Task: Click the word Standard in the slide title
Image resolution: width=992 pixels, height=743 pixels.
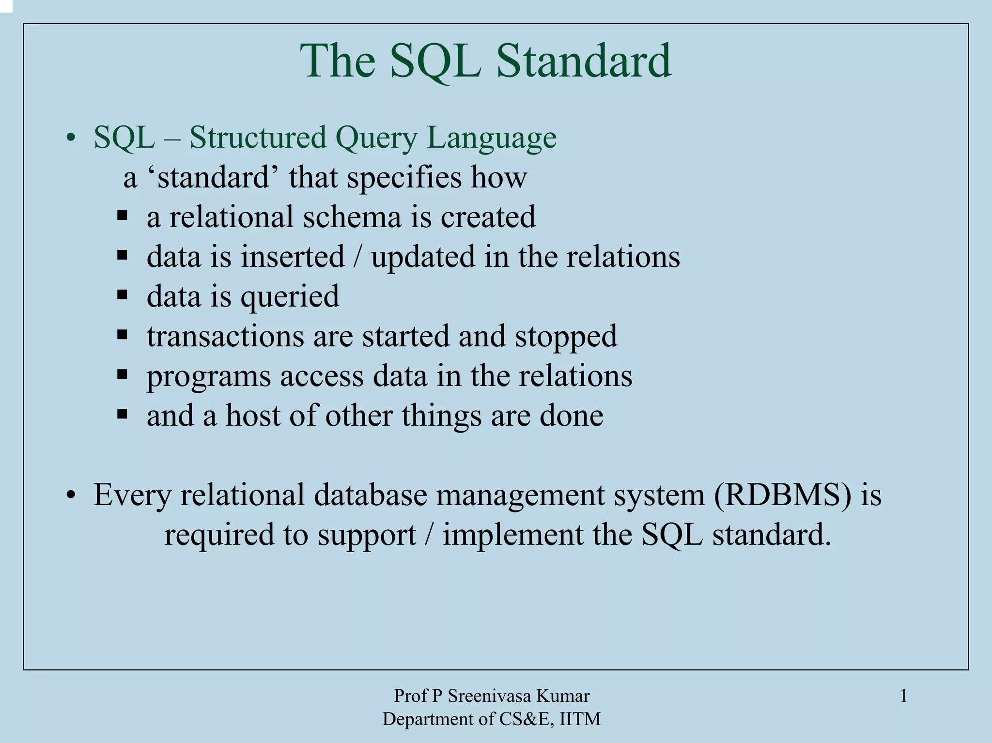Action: pos(583,61)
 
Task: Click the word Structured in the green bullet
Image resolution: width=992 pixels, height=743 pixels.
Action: pos(257,138)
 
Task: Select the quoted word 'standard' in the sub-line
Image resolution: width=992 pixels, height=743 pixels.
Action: pos(213,177)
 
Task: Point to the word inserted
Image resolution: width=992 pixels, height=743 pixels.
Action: pos(293,257)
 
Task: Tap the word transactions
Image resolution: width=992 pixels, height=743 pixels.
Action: pos(225,336)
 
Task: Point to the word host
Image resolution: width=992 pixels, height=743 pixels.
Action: pos(253,416)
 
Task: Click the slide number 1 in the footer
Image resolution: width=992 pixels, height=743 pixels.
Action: pos(903,697)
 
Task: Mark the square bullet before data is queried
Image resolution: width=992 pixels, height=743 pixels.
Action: pos(122,294)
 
